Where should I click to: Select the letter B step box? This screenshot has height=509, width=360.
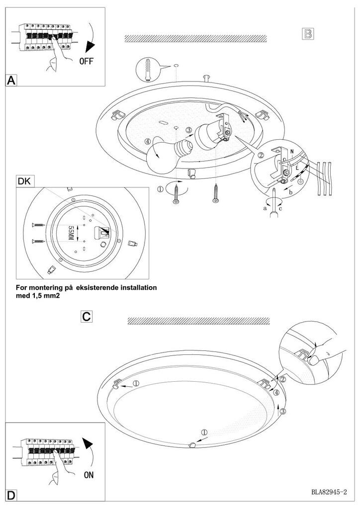[308, 34]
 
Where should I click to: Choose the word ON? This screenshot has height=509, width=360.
[89, 475]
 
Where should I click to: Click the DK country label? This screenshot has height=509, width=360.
[24, 182]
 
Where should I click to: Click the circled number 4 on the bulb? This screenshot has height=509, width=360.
[149, 141]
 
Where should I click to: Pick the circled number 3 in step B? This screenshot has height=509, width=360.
[188, 131]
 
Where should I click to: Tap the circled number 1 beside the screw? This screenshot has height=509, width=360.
[160, 189]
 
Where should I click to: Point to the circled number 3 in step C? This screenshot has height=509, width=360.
[282, 411]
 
